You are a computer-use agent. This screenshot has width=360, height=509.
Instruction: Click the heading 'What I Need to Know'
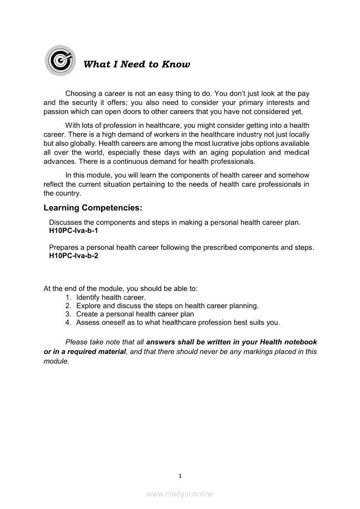point(136,64)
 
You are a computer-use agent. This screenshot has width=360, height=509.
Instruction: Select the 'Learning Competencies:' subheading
point(93,208)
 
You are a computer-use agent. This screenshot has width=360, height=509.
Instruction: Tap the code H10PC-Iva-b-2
point(74,256)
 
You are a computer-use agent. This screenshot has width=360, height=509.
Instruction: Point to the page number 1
point(180,475)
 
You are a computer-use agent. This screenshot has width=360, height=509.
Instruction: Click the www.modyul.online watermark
point(180,494)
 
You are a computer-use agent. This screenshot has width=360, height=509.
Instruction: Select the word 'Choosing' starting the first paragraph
point(80,94)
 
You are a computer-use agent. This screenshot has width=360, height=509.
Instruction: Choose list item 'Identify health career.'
point(111,297)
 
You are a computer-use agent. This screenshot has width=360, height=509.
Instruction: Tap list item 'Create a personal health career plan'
point(135,314)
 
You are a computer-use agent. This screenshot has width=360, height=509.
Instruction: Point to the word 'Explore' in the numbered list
point(89,306)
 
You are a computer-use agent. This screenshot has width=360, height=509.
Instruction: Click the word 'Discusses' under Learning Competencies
point(65,222)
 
